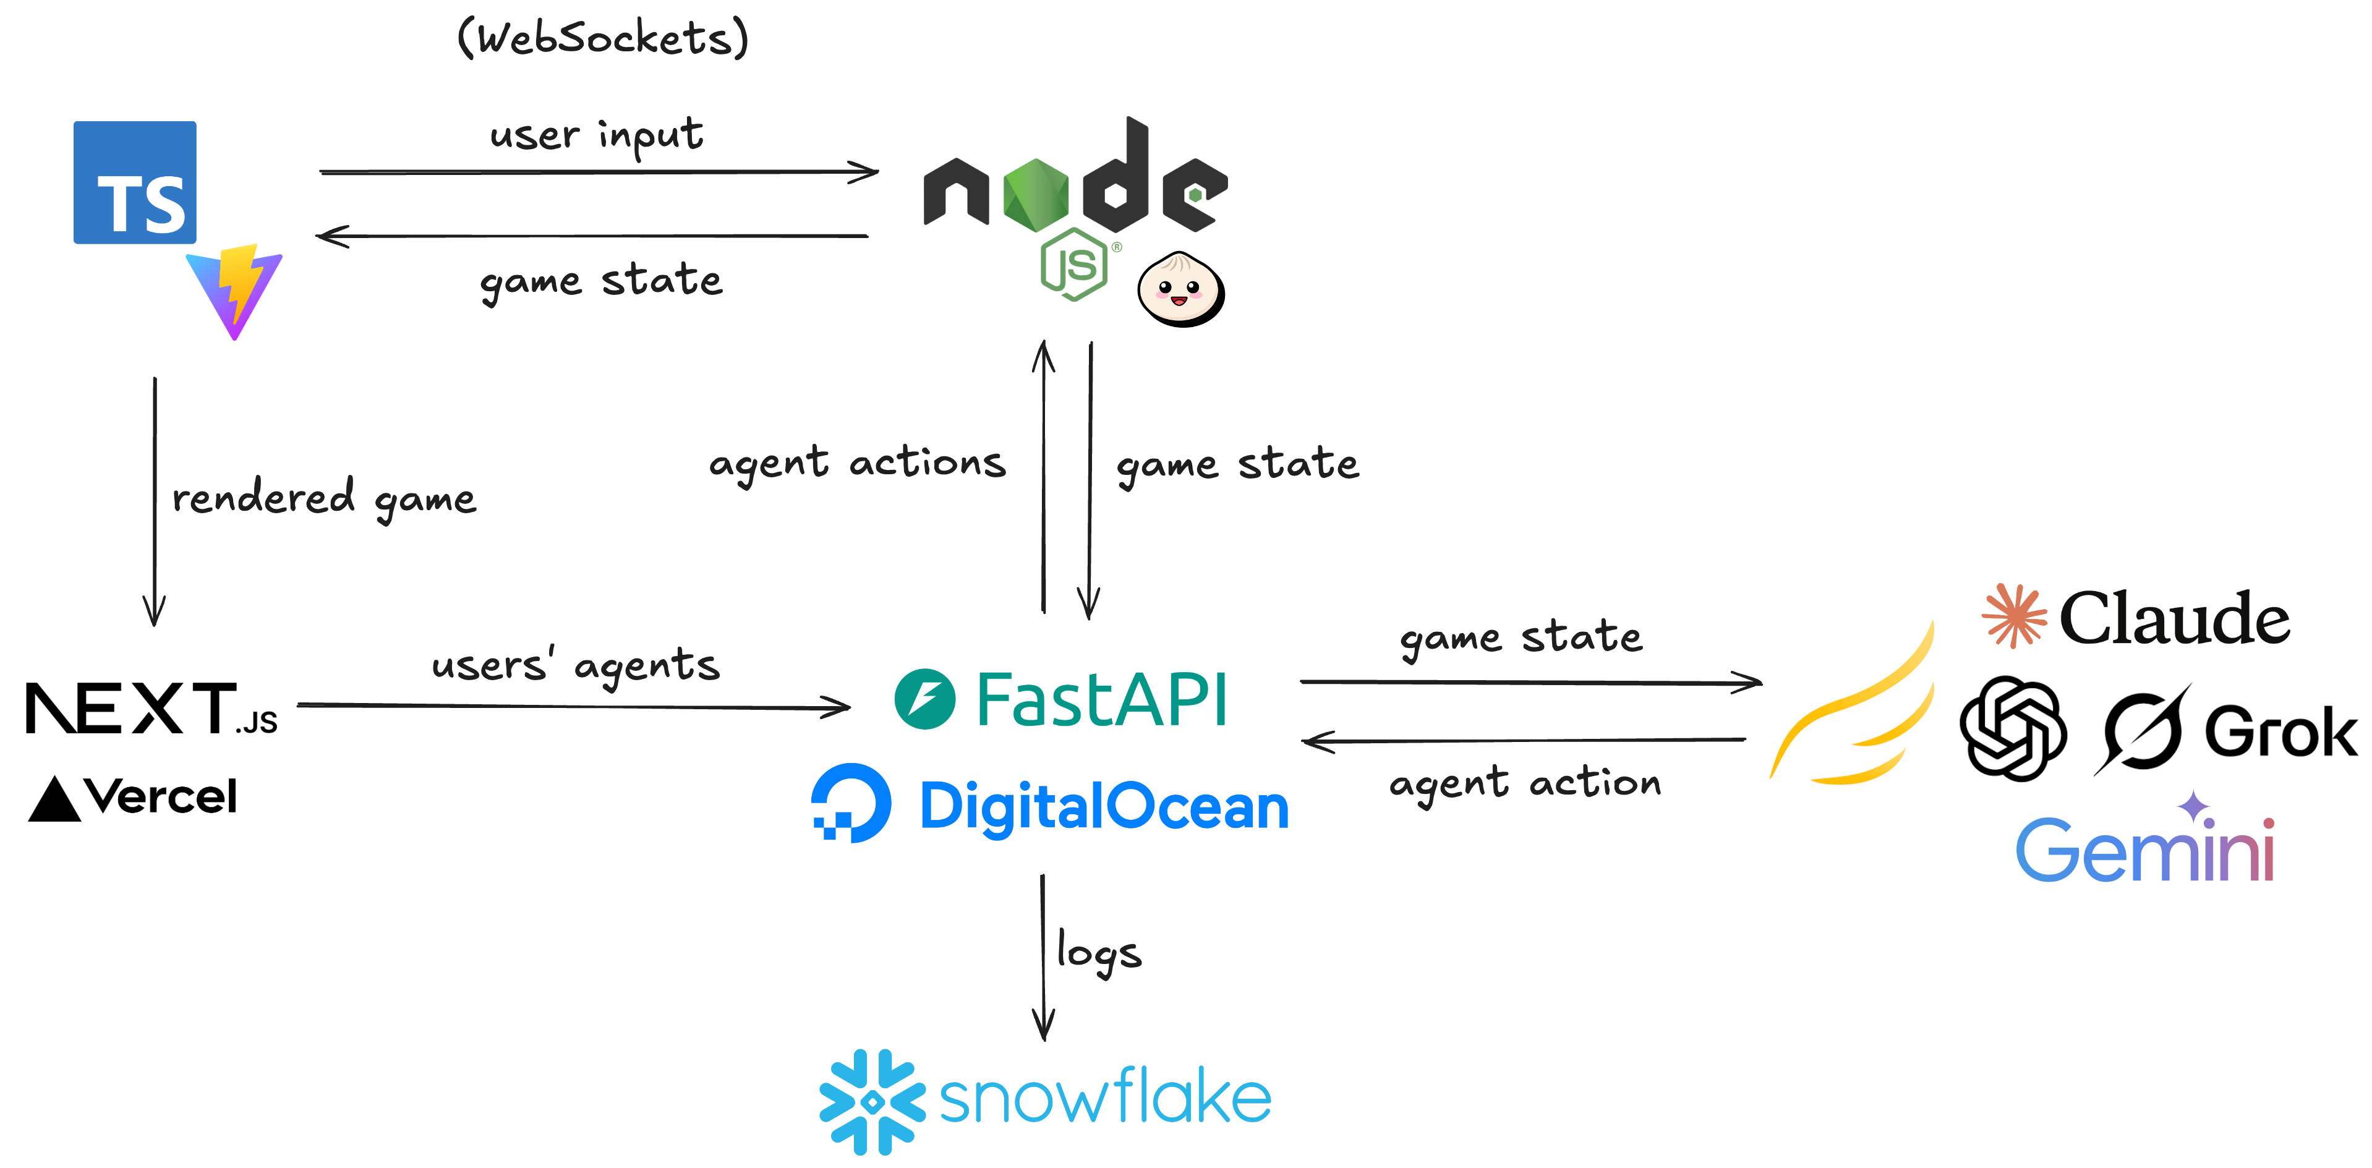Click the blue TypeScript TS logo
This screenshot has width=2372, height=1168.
(x=134, y=182)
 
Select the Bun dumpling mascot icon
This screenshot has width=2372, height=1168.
(x=1180, y=289)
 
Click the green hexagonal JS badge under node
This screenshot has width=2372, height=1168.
(x=1073, y=265)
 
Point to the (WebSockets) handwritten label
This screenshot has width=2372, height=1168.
(x=603, y=39)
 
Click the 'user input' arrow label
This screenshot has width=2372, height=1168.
(x=597, y=136)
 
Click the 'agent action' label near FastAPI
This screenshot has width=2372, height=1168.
(x=1525, y=783)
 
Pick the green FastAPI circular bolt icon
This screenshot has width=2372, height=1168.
(x=924, y=699)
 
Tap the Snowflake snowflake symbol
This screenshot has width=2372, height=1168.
(x=871, y=1101)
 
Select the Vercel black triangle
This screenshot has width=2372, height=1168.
(x=54, y=798)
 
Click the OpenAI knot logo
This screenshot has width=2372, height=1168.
(x=2013, y=728)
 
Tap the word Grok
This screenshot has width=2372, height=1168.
(x=2280, y=733)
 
